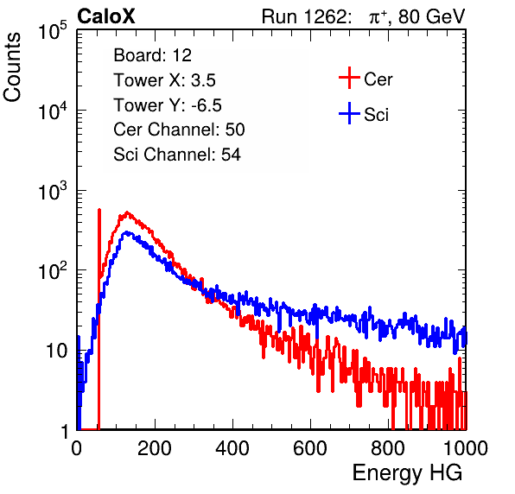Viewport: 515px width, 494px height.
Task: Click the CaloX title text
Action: (x=106, y=16)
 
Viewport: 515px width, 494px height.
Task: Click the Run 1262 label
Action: (x=304, y=16)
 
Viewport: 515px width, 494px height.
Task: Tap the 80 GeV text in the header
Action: (x=431, y=16)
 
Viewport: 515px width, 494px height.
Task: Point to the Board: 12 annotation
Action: (x=152, y=55)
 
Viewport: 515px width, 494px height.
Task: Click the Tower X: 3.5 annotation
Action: (x=164, y=80)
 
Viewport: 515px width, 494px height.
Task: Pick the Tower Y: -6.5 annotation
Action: (x=168, y=105)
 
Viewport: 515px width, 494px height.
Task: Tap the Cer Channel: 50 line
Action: (x=179, y=130)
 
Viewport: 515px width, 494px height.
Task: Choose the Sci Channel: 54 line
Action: (x=177, y=155)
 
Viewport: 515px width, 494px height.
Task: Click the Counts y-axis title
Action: (x=12, y=67)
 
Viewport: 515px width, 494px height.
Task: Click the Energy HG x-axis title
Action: (x=407, y=473)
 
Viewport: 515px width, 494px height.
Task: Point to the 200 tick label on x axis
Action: (x=155, y=448)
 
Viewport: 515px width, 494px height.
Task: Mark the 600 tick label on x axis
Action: (x=310, y=448)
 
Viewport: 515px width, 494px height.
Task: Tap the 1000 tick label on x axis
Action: (x=466, y=448)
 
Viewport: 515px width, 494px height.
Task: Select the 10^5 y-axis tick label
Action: (x=53, y=30)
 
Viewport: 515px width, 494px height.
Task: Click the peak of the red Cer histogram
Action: (x=127, y=212)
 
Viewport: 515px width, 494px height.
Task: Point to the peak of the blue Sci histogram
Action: (x=127, y=232)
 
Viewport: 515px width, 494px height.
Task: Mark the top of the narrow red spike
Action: (x=99, y=209)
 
